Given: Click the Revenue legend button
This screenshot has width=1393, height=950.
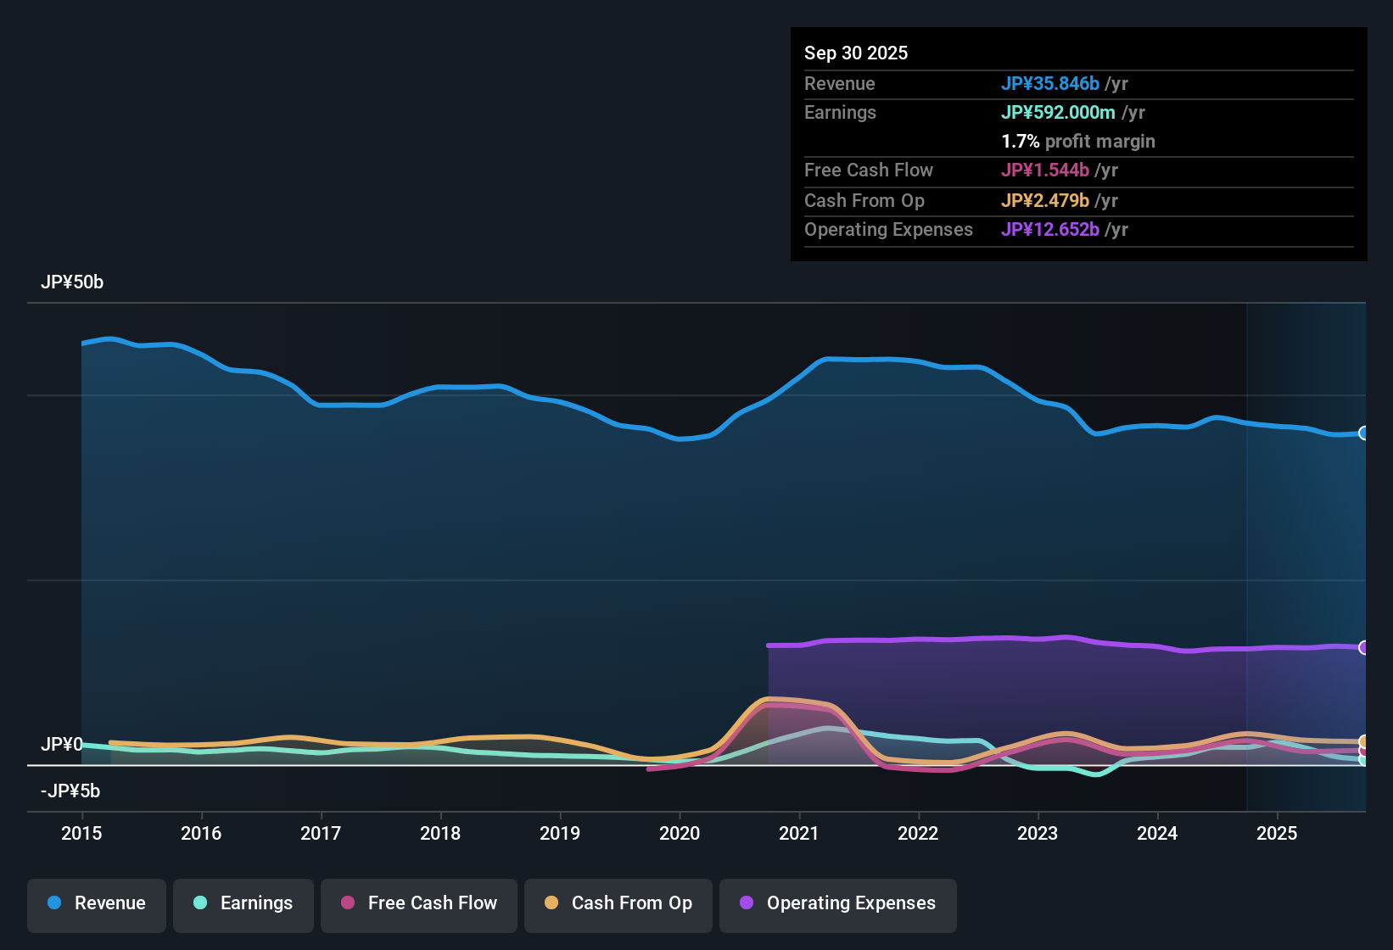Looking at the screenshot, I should (97, 903).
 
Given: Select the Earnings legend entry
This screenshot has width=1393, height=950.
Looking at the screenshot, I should (243, 903).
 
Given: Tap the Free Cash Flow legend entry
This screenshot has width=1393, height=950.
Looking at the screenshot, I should (419, 903).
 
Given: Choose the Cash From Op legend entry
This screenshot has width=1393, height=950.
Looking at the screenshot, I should (618, 903).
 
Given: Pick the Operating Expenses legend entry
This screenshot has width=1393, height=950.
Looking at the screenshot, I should (838, 903).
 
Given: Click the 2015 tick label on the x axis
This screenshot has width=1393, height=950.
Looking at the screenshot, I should (81, 833).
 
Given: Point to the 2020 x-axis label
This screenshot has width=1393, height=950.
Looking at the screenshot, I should (680, 833).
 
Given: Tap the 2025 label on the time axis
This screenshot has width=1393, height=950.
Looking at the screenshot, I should (1277, 833).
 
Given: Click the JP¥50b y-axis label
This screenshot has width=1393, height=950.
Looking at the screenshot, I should (72, 282).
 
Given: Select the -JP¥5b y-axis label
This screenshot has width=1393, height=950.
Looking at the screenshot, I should (70, 791).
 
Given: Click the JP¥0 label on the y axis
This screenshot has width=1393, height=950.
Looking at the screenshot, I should (61, 745).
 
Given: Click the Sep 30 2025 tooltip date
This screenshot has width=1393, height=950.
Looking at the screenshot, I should (856, 53).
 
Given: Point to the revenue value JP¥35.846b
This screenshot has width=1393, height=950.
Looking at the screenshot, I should (1050, 84).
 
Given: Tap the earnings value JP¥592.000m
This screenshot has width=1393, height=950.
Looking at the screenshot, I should (1058, 113).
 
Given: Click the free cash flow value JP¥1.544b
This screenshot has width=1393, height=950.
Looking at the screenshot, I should (1045, 170).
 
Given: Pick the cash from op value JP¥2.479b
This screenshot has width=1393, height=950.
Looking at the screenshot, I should (1045, 201).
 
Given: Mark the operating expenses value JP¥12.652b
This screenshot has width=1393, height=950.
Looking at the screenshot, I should (1050, 230).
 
